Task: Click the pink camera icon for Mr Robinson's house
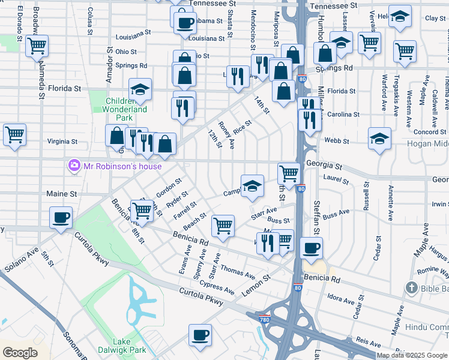(x=74, y=164)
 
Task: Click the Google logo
(x=20, y=353)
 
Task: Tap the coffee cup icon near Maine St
(x=60, y=218)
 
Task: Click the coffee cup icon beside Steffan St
(x=311, y=247)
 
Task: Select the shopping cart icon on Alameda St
(x=37, y=46)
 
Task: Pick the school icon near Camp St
(x=253, y=185)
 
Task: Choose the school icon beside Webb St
(x=379, y=139)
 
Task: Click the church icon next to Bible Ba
(x=411, y=289)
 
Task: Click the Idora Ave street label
(x=341, y=298)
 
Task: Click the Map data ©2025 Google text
(x=412, y=355)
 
